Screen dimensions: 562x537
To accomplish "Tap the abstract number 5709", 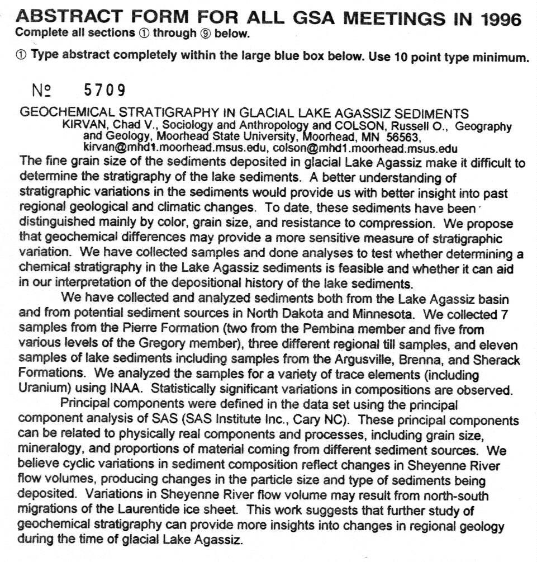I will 104,90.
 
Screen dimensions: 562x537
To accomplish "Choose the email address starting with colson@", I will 365,149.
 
